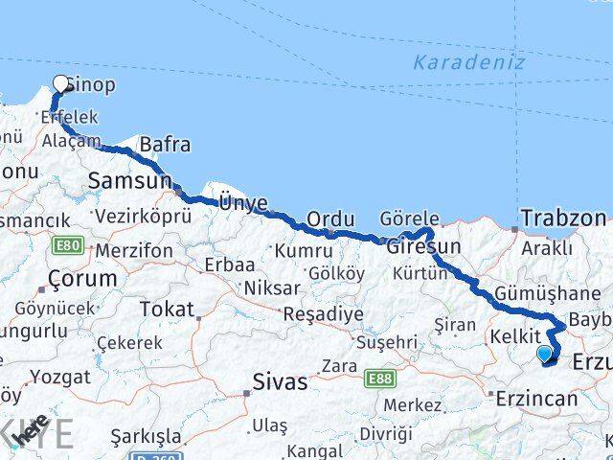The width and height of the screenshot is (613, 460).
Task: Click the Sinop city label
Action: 92,85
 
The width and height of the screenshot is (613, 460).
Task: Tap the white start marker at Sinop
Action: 62,84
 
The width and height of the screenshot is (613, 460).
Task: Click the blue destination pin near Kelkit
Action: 545,355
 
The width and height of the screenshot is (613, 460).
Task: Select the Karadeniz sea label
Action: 469,63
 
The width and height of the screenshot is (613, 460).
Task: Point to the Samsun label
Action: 129,180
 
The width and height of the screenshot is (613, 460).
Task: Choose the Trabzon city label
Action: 563,217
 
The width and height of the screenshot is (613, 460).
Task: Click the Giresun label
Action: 424,246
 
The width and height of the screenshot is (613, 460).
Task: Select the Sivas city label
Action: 280,382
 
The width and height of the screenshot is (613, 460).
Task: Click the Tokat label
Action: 167,309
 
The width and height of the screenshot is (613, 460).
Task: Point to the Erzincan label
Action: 536,399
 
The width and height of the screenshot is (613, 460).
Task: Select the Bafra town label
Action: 165,146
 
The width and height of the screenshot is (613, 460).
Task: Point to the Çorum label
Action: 77,279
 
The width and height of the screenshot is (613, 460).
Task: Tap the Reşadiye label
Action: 323,314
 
